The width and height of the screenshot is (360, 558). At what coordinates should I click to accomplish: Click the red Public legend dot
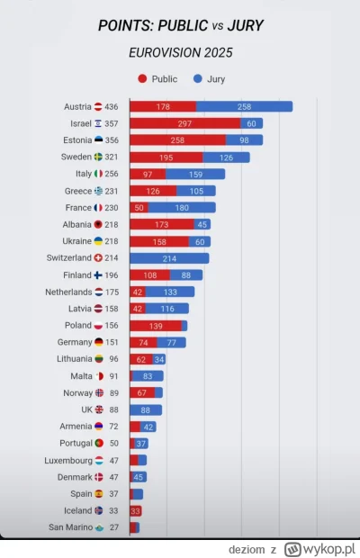142,79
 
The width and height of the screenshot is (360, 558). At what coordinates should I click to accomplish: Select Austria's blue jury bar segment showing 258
244,107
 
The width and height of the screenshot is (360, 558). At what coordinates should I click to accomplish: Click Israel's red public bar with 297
184,123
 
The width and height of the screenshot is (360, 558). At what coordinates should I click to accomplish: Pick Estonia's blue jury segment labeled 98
244,139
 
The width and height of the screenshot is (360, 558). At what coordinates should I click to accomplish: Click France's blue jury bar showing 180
181,207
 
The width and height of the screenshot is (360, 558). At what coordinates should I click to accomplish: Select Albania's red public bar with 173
162,224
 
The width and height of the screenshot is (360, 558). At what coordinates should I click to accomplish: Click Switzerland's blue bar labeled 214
169,258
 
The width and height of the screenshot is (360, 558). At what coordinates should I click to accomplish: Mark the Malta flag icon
99,376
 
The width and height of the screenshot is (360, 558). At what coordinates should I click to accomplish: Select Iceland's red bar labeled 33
135,510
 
